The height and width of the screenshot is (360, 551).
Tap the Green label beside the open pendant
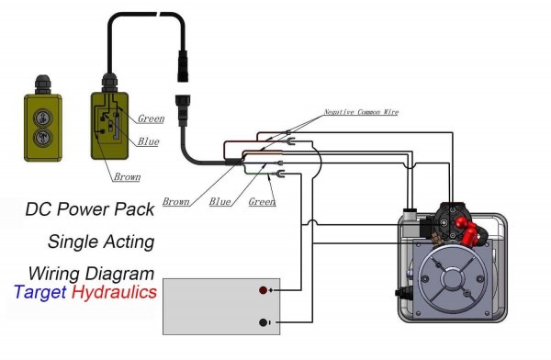(152, 119)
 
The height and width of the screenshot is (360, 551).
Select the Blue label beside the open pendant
(150, 141)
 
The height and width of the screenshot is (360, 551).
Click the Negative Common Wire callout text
(361, 112)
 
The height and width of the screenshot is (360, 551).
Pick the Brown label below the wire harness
(177, 201)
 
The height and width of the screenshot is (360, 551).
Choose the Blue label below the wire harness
(219, 201)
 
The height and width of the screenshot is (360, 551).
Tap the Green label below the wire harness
(263, 201)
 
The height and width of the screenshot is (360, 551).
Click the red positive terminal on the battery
(264, 290)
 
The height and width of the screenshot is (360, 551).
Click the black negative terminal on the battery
(264, 321)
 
